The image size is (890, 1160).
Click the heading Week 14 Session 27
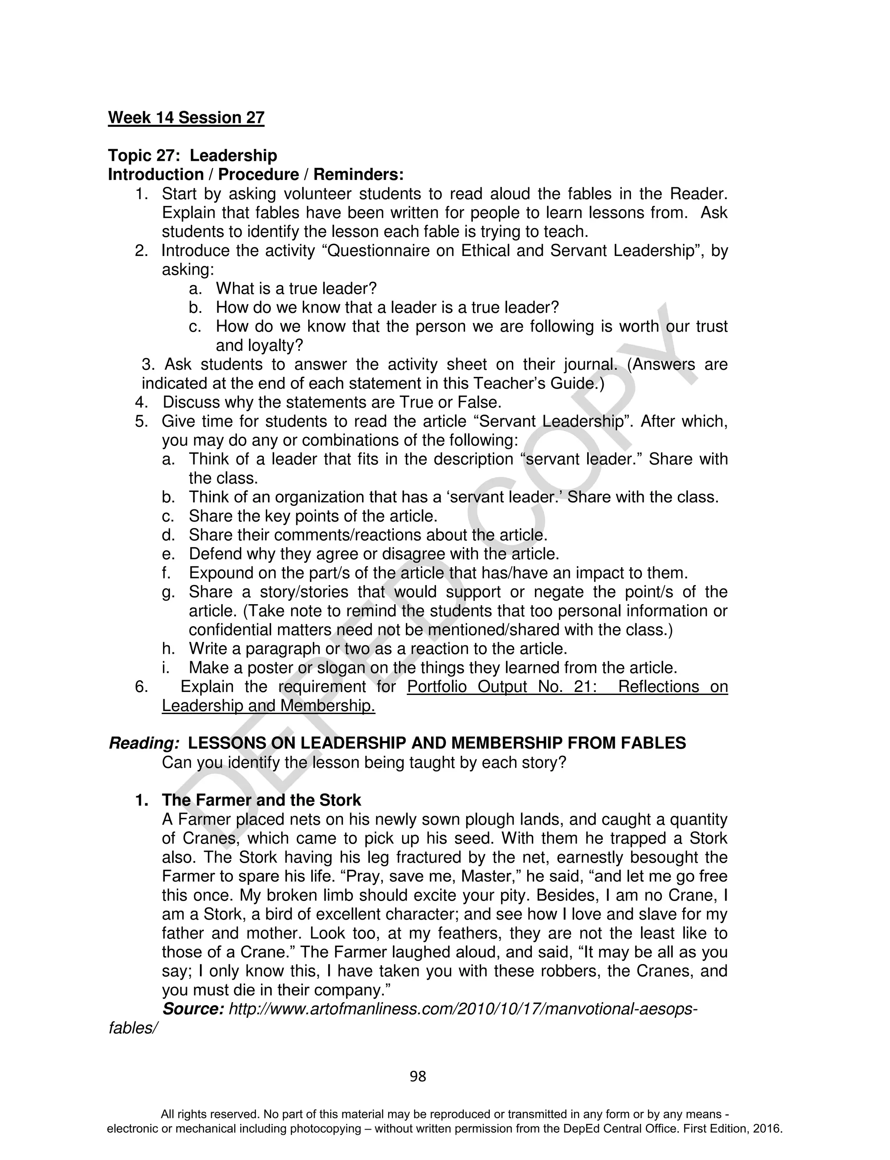click(x=186, y=118)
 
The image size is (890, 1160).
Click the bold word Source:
click(x=193, y=1009)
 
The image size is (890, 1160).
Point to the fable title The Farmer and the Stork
click(x=261, y=800)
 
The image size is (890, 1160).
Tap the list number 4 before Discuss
click(x=140, y=402)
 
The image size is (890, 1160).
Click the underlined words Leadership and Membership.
click(x=268, y=706)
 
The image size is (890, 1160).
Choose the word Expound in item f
click(x=220, y=573)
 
